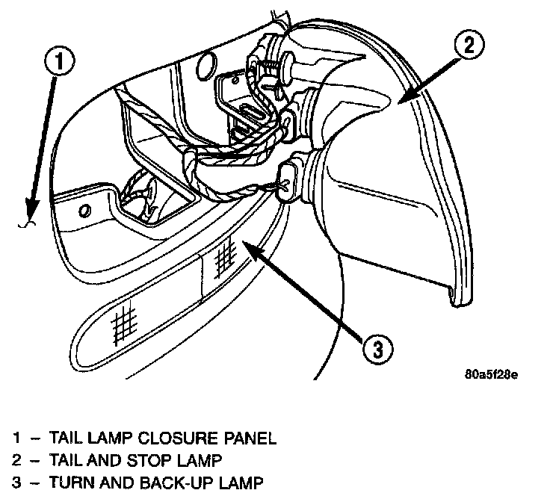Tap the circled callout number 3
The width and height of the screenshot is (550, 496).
coord(379,347)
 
